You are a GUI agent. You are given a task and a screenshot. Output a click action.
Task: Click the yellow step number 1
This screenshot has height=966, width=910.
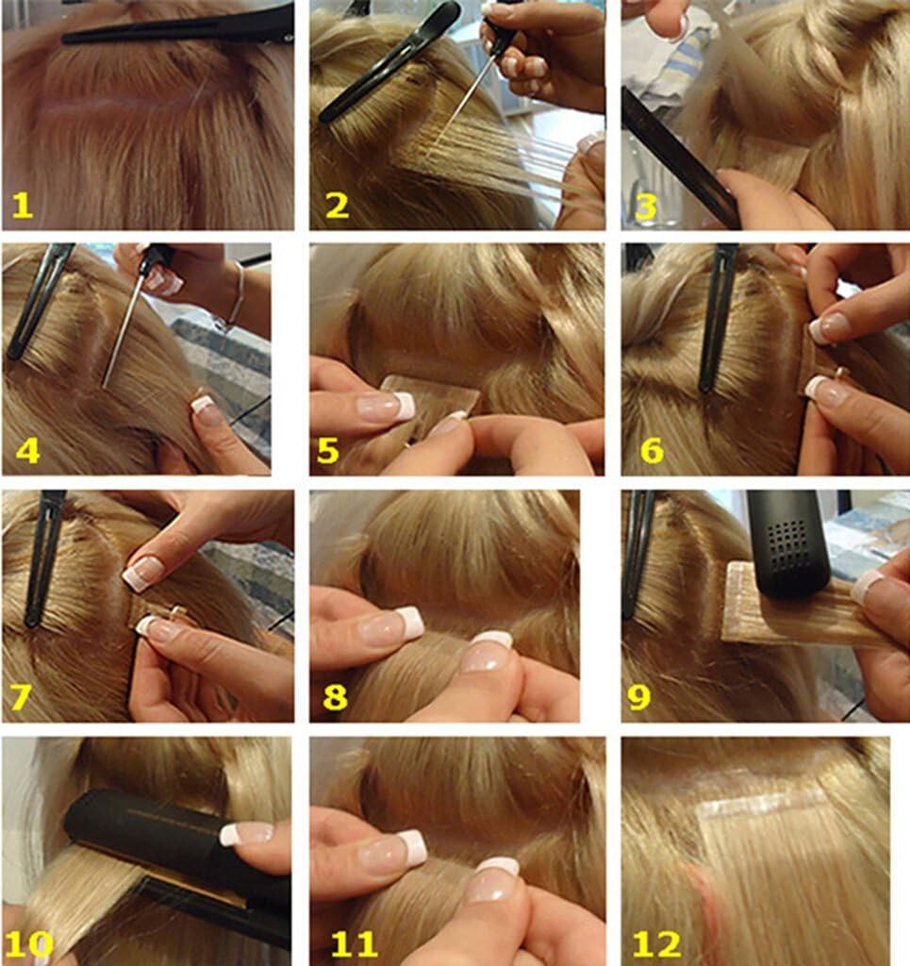tap(22, 205)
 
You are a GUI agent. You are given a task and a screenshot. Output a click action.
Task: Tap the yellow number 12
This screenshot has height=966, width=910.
tap(656, 942)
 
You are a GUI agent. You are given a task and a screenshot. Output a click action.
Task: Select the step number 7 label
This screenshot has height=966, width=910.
tap(21, 696)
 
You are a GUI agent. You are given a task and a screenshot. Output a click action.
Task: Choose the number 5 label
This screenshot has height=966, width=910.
tap(327, 450)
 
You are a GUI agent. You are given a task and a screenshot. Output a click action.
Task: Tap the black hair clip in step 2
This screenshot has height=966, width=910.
tap(387, 61)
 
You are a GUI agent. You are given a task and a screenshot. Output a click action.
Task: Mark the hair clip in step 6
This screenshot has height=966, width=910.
tap(718, 316)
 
